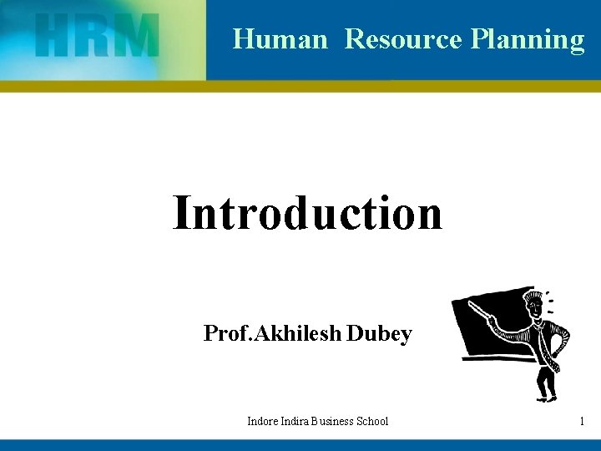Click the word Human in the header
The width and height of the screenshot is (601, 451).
coord(280,39)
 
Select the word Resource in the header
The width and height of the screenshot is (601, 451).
coord(403,39)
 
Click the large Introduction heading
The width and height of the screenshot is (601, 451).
coord(307,213)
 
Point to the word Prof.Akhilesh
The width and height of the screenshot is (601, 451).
coord(272,334)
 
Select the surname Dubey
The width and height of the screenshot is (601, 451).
coord(379,335)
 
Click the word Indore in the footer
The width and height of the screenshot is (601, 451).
coord(263,421)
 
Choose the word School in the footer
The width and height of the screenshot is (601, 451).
coord(372,421)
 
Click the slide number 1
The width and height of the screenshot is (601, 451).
coord(581,421)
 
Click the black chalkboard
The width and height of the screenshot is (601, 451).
coord(488,330)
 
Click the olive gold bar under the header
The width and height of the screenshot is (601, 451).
coord(300,86)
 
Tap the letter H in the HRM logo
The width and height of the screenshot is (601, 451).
coord(56,37)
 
